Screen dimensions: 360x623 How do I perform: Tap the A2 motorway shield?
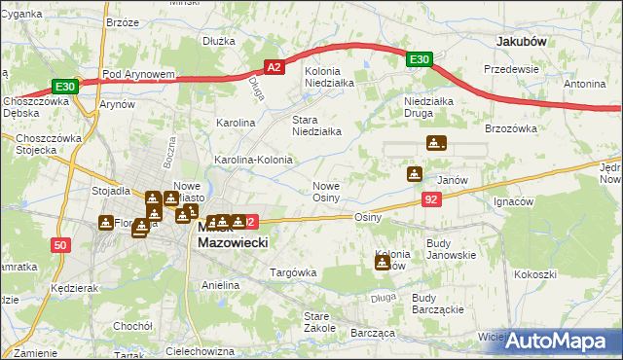click(x=275, y=66)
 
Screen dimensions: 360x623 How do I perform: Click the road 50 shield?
click(x=61, y=246)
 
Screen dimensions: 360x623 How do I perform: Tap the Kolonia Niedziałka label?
click(x=335, y=77)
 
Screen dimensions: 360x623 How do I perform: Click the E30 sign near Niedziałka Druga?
click(x=419, y=60)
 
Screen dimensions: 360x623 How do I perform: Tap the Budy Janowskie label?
click(x=451, y=248)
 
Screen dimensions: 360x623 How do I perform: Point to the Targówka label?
click(x=293, y=272)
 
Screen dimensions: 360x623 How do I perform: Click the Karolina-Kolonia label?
click(x=253, y=159)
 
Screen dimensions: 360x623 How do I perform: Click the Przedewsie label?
click(x=512, y=69)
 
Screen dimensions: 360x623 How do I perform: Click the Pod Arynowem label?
click(x=137, y=74)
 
